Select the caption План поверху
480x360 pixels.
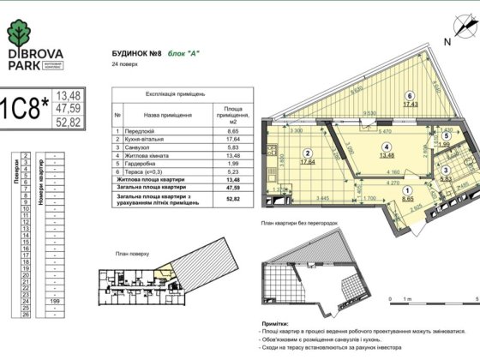pyautogui.click(x=133, y=255)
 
